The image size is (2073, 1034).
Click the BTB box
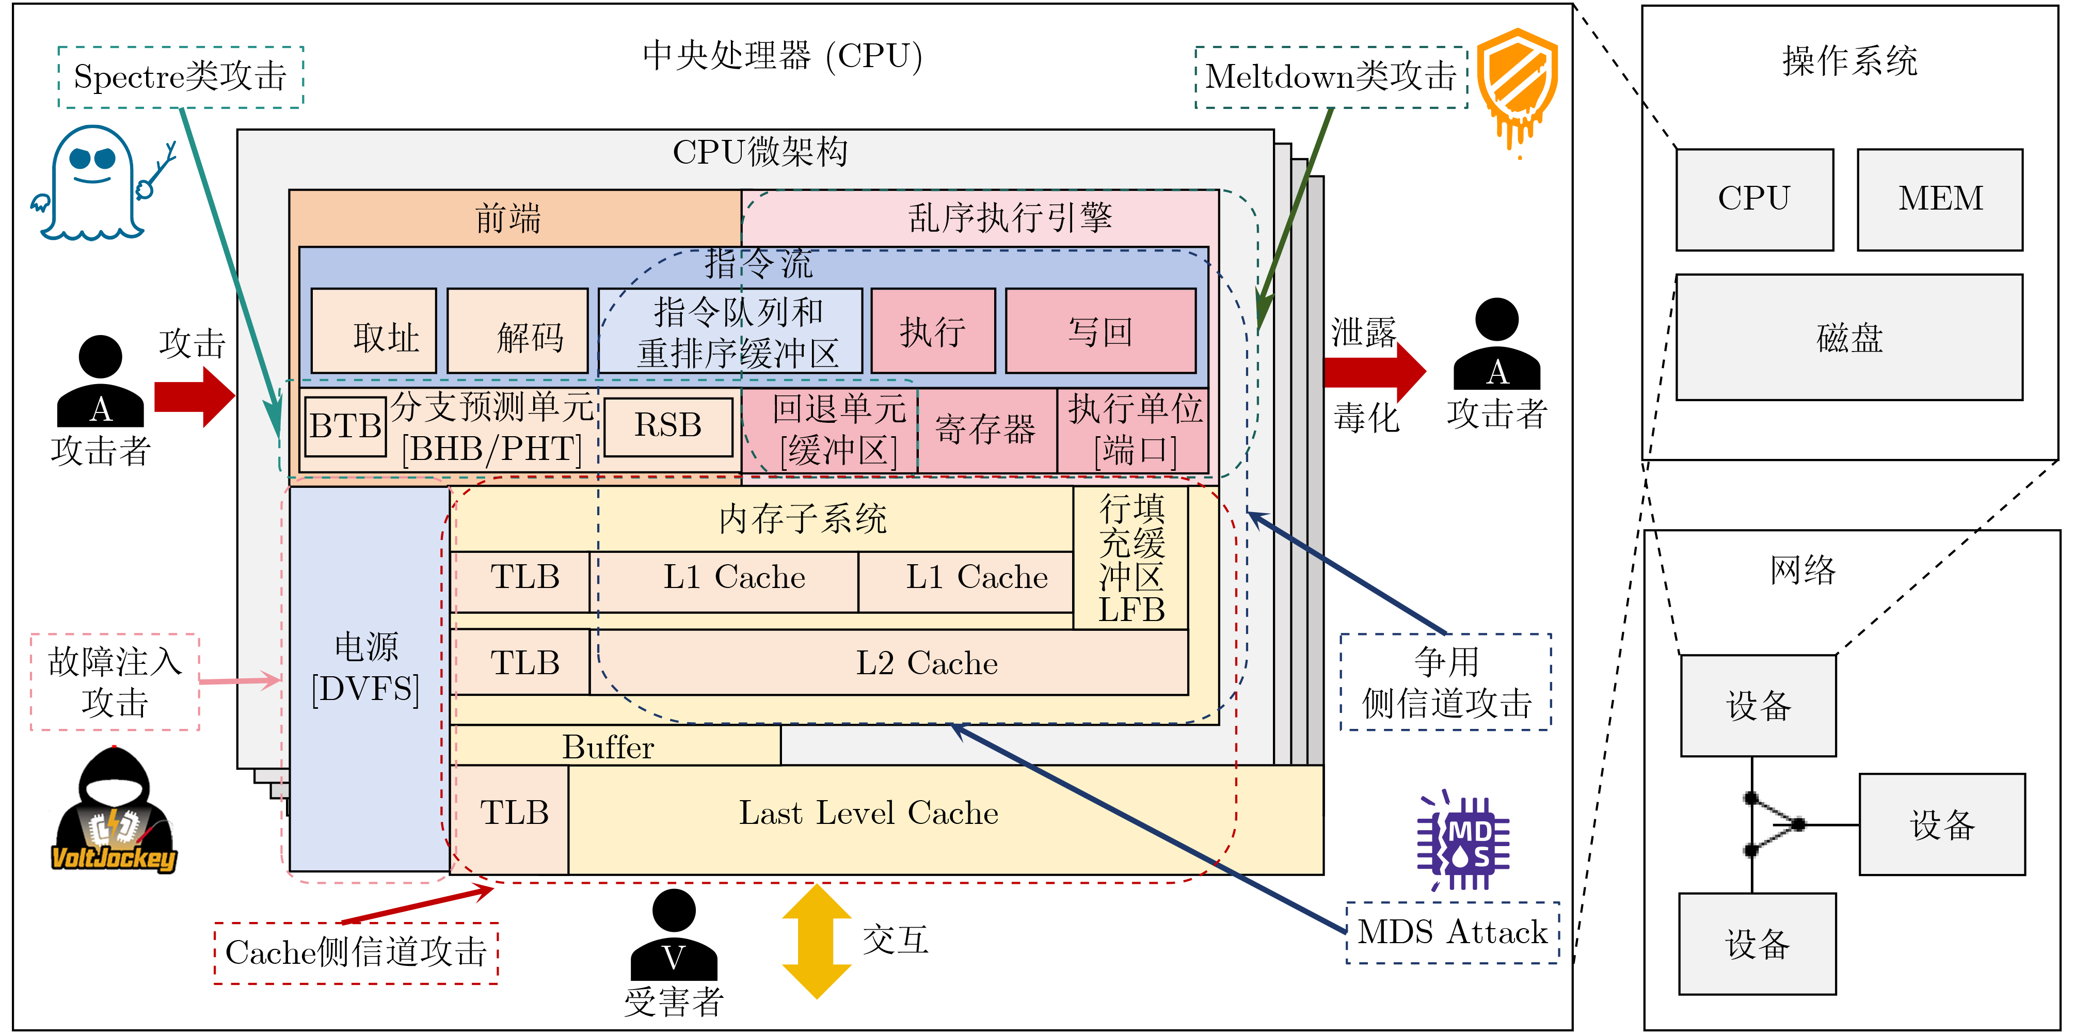tap(346, 426)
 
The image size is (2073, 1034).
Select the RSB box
tap(668, 426)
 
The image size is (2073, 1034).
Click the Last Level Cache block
tap(869, 814)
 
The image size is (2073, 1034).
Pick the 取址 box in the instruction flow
tap(374, 331)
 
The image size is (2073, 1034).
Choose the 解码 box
tap(517, 331)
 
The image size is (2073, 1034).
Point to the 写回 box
tap(1100, 331)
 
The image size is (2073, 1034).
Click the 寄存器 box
tap(986, 431)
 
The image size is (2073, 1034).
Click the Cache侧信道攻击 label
tap(357, 953)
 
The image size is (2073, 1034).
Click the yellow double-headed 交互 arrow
tap(817, 942)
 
